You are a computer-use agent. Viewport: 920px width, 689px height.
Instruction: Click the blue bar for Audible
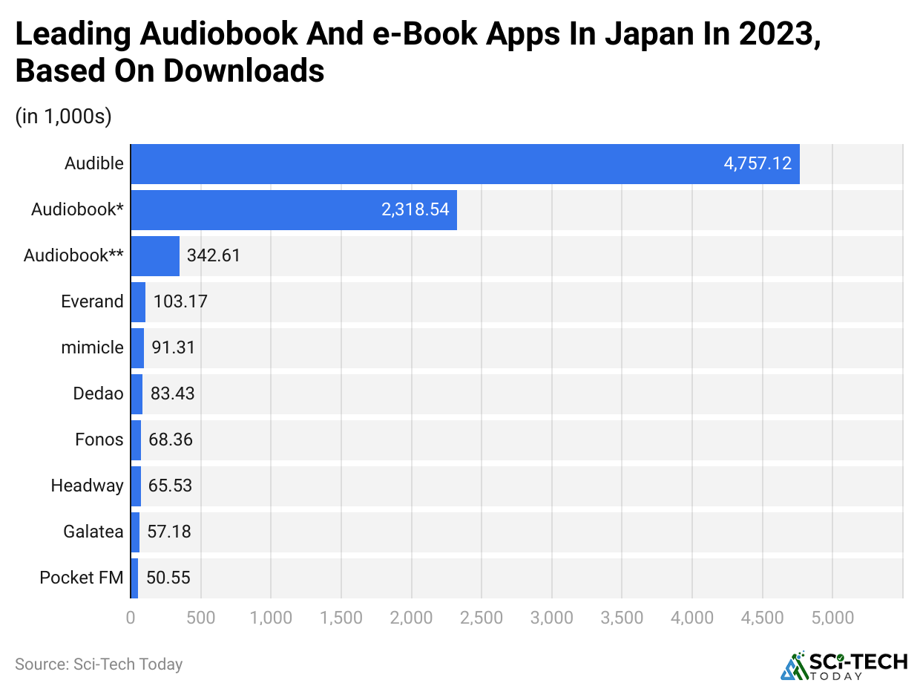point(464,163)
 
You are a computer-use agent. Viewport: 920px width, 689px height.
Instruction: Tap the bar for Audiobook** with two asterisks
point(155,255)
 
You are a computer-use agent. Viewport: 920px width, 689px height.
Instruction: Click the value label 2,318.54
point(415,209)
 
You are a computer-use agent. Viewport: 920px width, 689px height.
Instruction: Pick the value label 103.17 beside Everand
point(180,301)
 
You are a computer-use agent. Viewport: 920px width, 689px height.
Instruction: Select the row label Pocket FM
point(82,578)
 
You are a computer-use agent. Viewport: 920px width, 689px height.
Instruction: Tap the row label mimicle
point(92,347)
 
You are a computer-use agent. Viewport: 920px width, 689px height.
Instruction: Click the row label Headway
point(87,486)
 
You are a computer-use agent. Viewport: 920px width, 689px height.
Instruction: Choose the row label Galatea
point(93,532)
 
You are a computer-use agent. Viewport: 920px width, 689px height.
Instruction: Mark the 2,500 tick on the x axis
point(482,618)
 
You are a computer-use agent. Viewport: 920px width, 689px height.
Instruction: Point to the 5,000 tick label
point(832,618)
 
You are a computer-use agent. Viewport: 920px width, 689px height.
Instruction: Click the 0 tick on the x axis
point(131,618)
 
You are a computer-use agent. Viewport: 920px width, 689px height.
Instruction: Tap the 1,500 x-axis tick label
point(341,618)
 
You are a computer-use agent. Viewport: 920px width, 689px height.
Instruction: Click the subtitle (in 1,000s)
point(63,117)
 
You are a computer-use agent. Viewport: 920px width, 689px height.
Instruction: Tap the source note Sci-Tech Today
point(99,664)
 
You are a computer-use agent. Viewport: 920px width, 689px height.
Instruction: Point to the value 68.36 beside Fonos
point(171,440)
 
